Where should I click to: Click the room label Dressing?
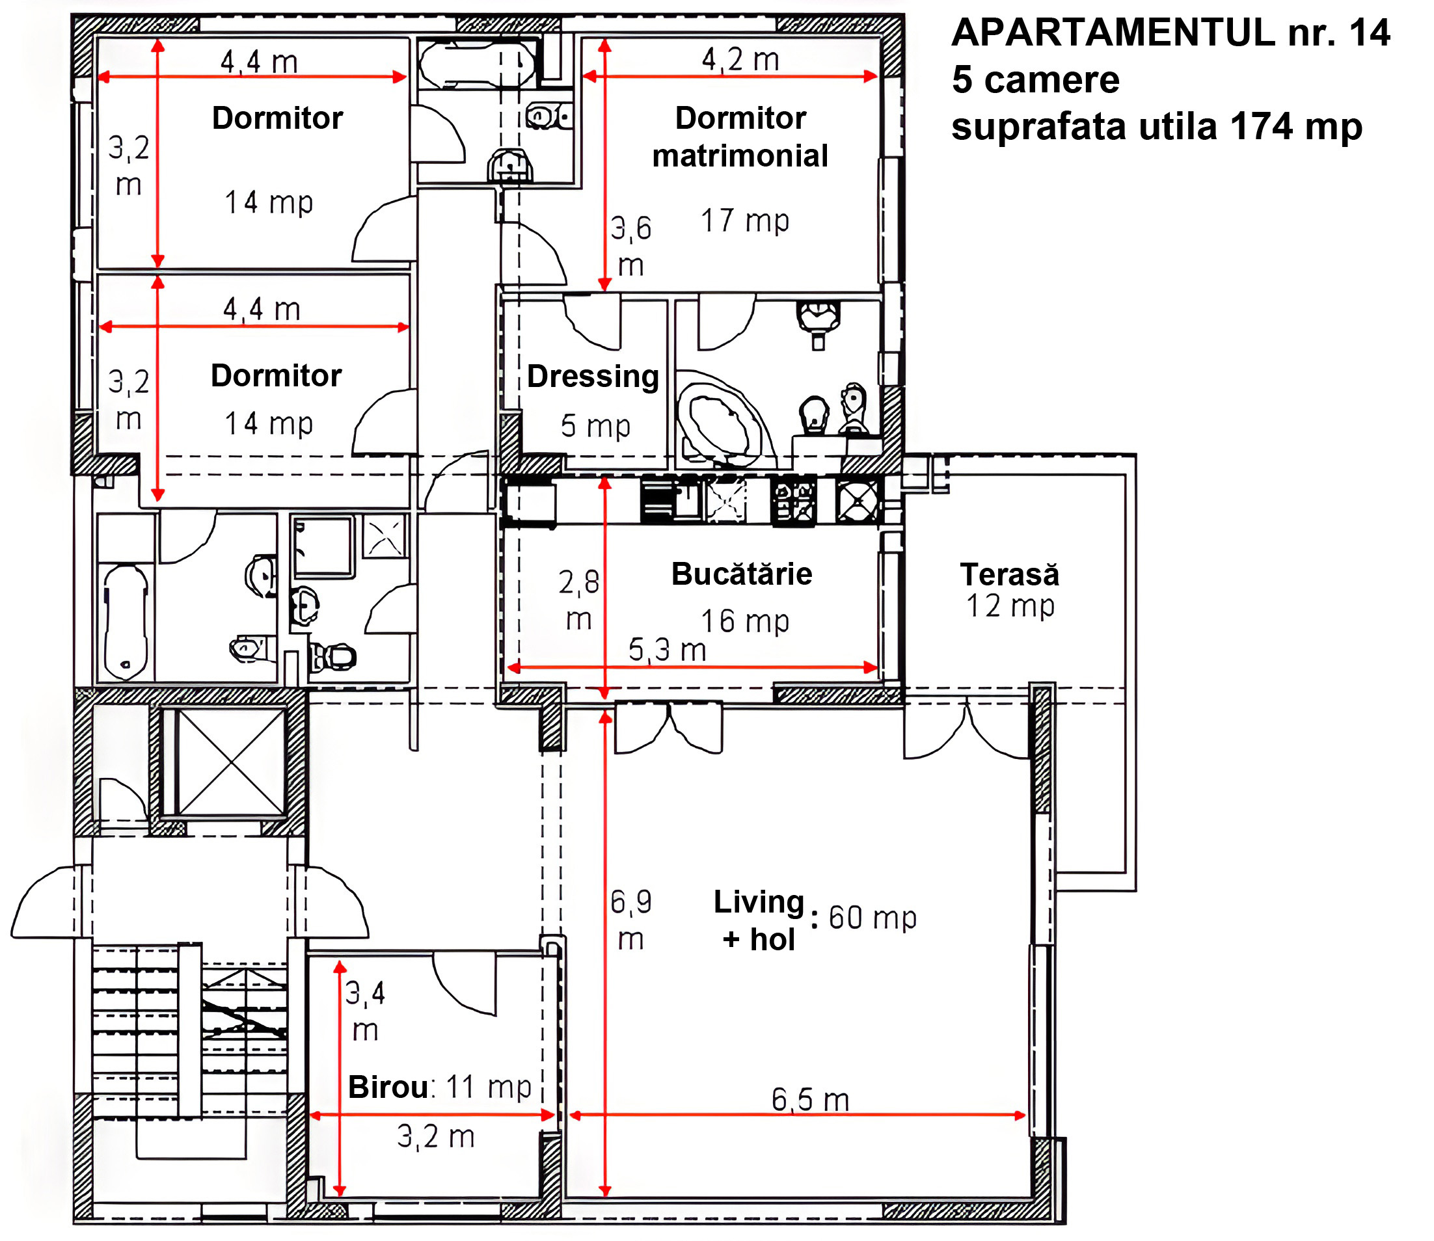593,377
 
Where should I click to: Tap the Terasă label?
1009,574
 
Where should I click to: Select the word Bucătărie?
742,574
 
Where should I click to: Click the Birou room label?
388,1087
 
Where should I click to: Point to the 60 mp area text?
873,918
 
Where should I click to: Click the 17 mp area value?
746,221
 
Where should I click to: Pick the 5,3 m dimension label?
667,650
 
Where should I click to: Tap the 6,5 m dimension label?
811,1100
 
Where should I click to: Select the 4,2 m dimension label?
740,60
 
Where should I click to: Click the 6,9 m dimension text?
631,920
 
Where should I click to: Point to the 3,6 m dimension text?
631,246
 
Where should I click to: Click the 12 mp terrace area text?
1010,606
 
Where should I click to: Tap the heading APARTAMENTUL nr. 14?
1170,33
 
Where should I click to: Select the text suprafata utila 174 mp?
1157,127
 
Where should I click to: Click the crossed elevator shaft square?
232,761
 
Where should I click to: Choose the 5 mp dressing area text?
596,426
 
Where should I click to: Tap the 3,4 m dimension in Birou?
365,1011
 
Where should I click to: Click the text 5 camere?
1036,79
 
